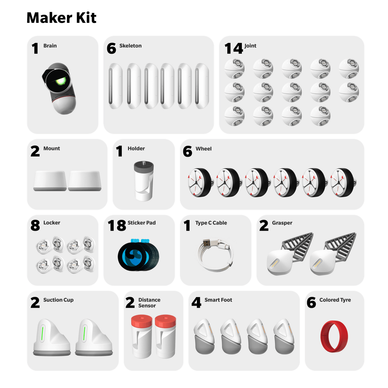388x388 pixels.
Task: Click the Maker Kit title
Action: (x=61, y=18)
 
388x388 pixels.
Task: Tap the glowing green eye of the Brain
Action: (x=60, y=81)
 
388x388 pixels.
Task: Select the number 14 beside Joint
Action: (x=233, y=48)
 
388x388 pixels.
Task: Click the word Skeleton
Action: (x=130, y=46)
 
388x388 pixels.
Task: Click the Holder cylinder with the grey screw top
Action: (x=144, y=181)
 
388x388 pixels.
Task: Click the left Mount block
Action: (x=50, y=181)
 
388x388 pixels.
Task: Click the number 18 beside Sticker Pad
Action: (x=117, y=225)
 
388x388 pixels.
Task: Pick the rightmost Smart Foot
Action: (x=284, y=336)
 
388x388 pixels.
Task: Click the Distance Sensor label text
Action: (x=149, y=303)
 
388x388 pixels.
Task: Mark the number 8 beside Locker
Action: (x=35, y=225)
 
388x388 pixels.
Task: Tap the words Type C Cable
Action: (x=211, y=223)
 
